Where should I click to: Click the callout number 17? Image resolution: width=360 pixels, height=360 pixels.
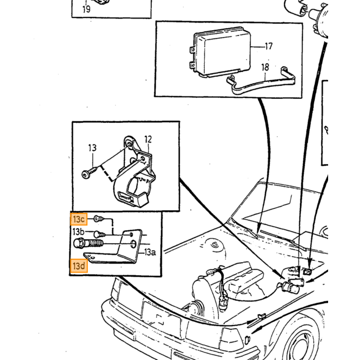tap(268, 46)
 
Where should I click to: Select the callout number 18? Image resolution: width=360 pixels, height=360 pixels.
tap(265, 67)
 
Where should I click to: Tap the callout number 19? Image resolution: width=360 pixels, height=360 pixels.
tap(86, 9)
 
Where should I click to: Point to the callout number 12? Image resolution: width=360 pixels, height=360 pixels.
tap(148, 139)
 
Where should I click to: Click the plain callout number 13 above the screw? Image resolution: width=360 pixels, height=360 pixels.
tap(93, 148)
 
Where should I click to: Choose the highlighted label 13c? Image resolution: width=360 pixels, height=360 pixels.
tap(79, 219)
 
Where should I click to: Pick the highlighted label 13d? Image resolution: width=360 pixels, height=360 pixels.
tap(79, 266)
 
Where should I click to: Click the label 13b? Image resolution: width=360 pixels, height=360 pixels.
tap(79, 232)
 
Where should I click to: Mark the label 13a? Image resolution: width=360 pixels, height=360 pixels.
tap(150, 253)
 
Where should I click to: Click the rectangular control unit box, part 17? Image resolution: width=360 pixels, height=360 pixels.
tap(221, 52)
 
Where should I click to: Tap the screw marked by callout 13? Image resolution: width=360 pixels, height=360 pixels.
tap(89, 172)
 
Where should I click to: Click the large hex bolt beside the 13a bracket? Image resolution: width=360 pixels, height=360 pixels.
tap(88, 243)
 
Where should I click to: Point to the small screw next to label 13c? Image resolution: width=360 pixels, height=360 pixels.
tap(99, 219)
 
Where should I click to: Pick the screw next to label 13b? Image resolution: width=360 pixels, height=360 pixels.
tap(99, 235)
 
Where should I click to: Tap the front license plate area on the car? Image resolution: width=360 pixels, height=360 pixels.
tap(160, 316)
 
